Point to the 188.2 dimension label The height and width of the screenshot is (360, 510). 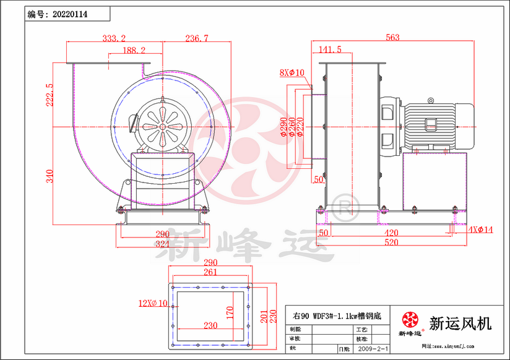pyautogui.click(x=134, y=50)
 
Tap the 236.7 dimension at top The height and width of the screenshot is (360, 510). pyautogui.click(x=196, y=38)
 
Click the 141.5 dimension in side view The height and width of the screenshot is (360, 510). pyautogui.click(x=330, y=49)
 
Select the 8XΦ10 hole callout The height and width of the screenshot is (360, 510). pyautogui.click(x=292, y=72)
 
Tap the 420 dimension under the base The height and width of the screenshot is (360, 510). pyautogui.click(x=391, y=234)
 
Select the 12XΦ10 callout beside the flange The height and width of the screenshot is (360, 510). pyautogui.click(x=153, y=303)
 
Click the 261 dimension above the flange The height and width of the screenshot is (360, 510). pyautogui.click(x=210, y=273)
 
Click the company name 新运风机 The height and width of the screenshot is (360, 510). pyautogui.click(x=460, y=323)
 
